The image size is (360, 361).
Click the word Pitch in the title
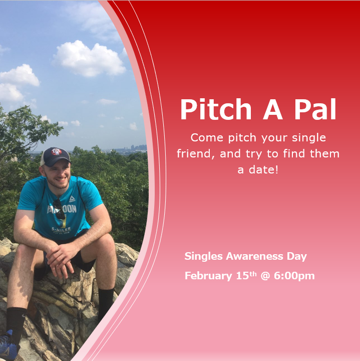point(216,109)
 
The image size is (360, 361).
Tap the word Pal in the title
point(315,109)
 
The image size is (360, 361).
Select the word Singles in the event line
point(203,257)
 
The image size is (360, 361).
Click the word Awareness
point(254,256)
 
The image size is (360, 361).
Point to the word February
point(208,276)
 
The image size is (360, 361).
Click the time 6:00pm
point(294,276)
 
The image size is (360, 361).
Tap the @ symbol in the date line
point(265,276)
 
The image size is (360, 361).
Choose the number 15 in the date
point(242,276)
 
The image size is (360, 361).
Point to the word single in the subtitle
point(309,138)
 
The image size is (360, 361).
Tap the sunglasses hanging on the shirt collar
point(59,209)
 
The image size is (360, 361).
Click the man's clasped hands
point(60,257)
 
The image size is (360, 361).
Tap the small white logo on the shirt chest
point(72,199)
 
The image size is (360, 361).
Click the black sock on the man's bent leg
point(106,303)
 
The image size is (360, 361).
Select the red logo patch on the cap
point(56,151)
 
